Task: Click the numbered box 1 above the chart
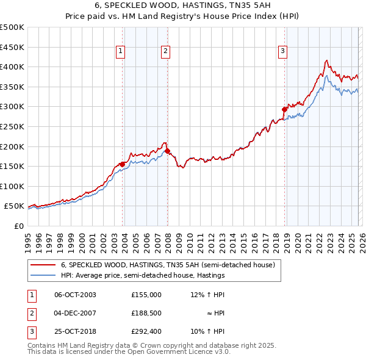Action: click(121, 52)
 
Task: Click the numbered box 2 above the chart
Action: click(166, 52)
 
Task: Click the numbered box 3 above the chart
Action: click(283, 52)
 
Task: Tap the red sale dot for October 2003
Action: click(122, 164)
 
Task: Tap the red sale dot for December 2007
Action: click(167, 151)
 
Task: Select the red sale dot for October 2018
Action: click(284, 110)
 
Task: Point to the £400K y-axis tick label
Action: click(12, 67)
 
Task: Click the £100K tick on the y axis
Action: click(12, 187)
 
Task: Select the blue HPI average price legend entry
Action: click(143, 275)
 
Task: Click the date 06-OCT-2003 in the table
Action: click(75, 294)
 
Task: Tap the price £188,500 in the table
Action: click(146, 313)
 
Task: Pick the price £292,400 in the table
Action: click(146, 332)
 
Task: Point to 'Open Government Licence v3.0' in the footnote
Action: click(178, 352)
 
